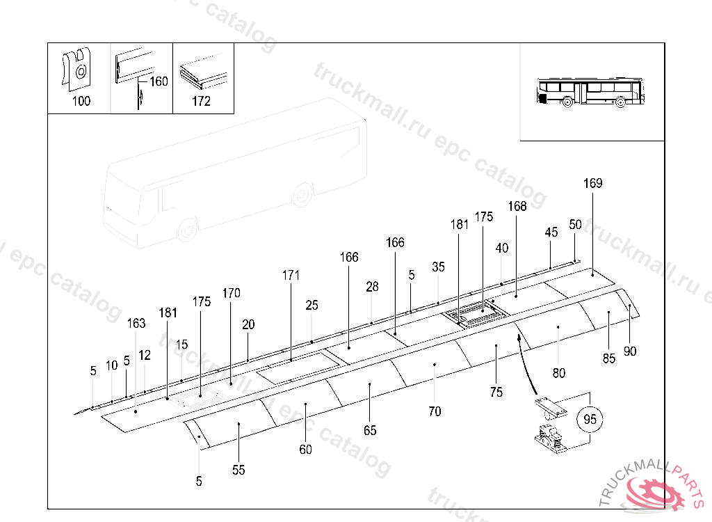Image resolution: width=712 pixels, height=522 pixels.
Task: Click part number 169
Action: (593, 184)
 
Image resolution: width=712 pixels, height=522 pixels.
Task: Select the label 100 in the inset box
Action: (81, 101)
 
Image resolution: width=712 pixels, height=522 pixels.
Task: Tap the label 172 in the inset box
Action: (201, 101)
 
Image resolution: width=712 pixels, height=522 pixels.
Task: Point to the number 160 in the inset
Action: (159, 81)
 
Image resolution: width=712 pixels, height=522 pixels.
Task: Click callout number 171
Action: (291, 275)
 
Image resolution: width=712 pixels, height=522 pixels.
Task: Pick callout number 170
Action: (232, 293)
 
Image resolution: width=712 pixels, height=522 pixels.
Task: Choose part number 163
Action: (136, 323)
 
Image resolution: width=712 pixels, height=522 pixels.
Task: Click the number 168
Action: (517, 206)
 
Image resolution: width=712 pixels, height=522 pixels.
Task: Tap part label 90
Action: (630, 351)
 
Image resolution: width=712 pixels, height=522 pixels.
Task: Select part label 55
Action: (238, 470)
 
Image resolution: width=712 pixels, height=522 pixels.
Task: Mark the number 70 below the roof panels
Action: (435, 411)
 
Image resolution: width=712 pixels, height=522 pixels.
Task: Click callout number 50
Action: (575, 224)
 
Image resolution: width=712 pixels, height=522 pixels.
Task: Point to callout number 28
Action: (373, 287)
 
